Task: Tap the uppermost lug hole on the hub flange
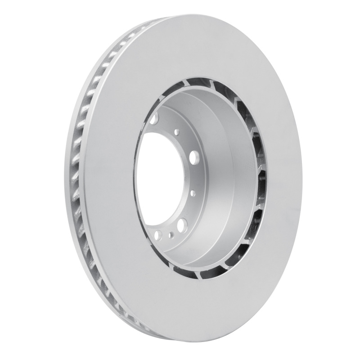pyautogui.click(x=155, y=120)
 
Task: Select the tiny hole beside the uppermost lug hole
pyautogui.click(x=177, y=131)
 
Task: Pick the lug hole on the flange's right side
pyautogui.click(x=195, y=157)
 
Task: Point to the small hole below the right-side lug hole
pyautogui.click(x=193, y=193)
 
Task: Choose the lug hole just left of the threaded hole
pyautogui.click(x=158, y=234)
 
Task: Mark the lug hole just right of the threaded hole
pyautogui.click(x=182, y=225)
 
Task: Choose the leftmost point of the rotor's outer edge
pyautogui.click(x=64, y=180)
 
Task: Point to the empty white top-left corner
pyautogui.click(x=18, y=18)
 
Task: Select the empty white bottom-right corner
pyautogui.click(x=342, y=342)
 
